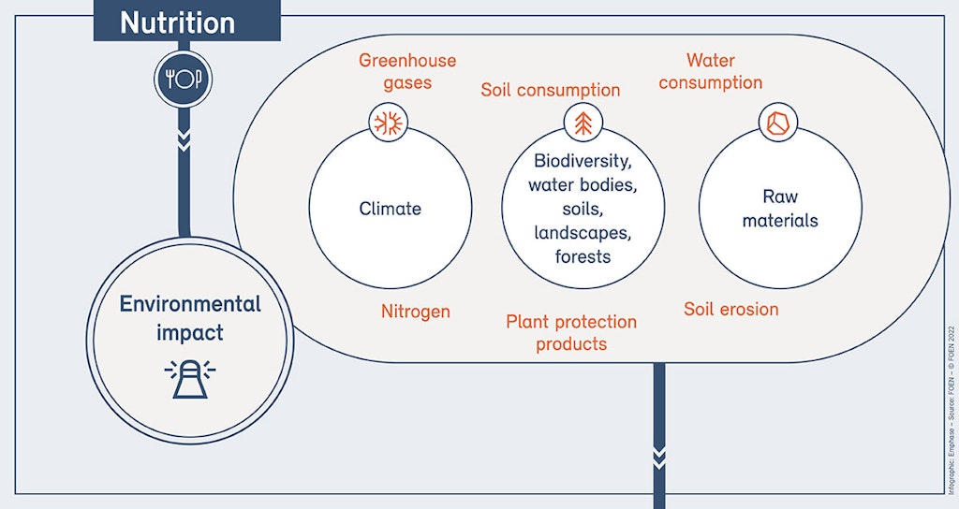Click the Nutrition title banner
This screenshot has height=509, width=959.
pos(186,21)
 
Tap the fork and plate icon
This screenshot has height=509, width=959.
pos(183,79)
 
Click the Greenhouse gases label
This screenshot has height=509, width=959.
pos(407,71)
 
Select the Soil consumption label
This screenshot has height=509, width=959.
pos(551,90)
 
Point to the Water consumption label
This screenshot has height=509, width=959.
pos(711,71)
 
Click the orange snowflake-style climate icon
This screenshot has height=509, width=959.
pos(389,123)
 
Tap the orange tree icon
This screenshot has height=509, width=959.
pos(583,123)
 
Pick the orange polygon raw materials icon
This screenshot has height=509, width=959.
pos(778,123)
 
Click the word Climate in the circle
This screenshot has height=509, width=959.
pos(391,209)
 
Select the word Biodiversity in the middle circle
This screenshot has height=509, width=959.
pos(583,161)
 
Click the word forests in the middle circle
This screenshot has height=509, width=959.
pos(583,256)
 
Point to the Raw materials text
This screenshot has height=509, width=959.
pos(780,209)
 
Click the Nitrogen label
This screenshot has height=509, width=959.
pos(416,312)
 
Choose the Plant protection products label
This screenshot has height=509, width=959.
pos(571,333)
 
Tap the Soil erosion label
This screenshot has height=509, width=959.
pos(730,309)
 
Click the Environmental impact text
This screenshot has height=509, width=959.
pos(189,318)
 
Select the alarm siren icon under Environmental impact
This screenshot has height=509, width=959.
pos(190,379)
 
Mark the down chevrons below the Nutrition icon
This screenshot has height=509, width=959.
pos(184,140)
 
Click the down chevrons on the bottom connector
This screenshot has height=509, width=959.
pos(658,458)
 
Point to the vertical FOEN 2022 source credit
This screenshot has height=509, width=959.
pos(952,410)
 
